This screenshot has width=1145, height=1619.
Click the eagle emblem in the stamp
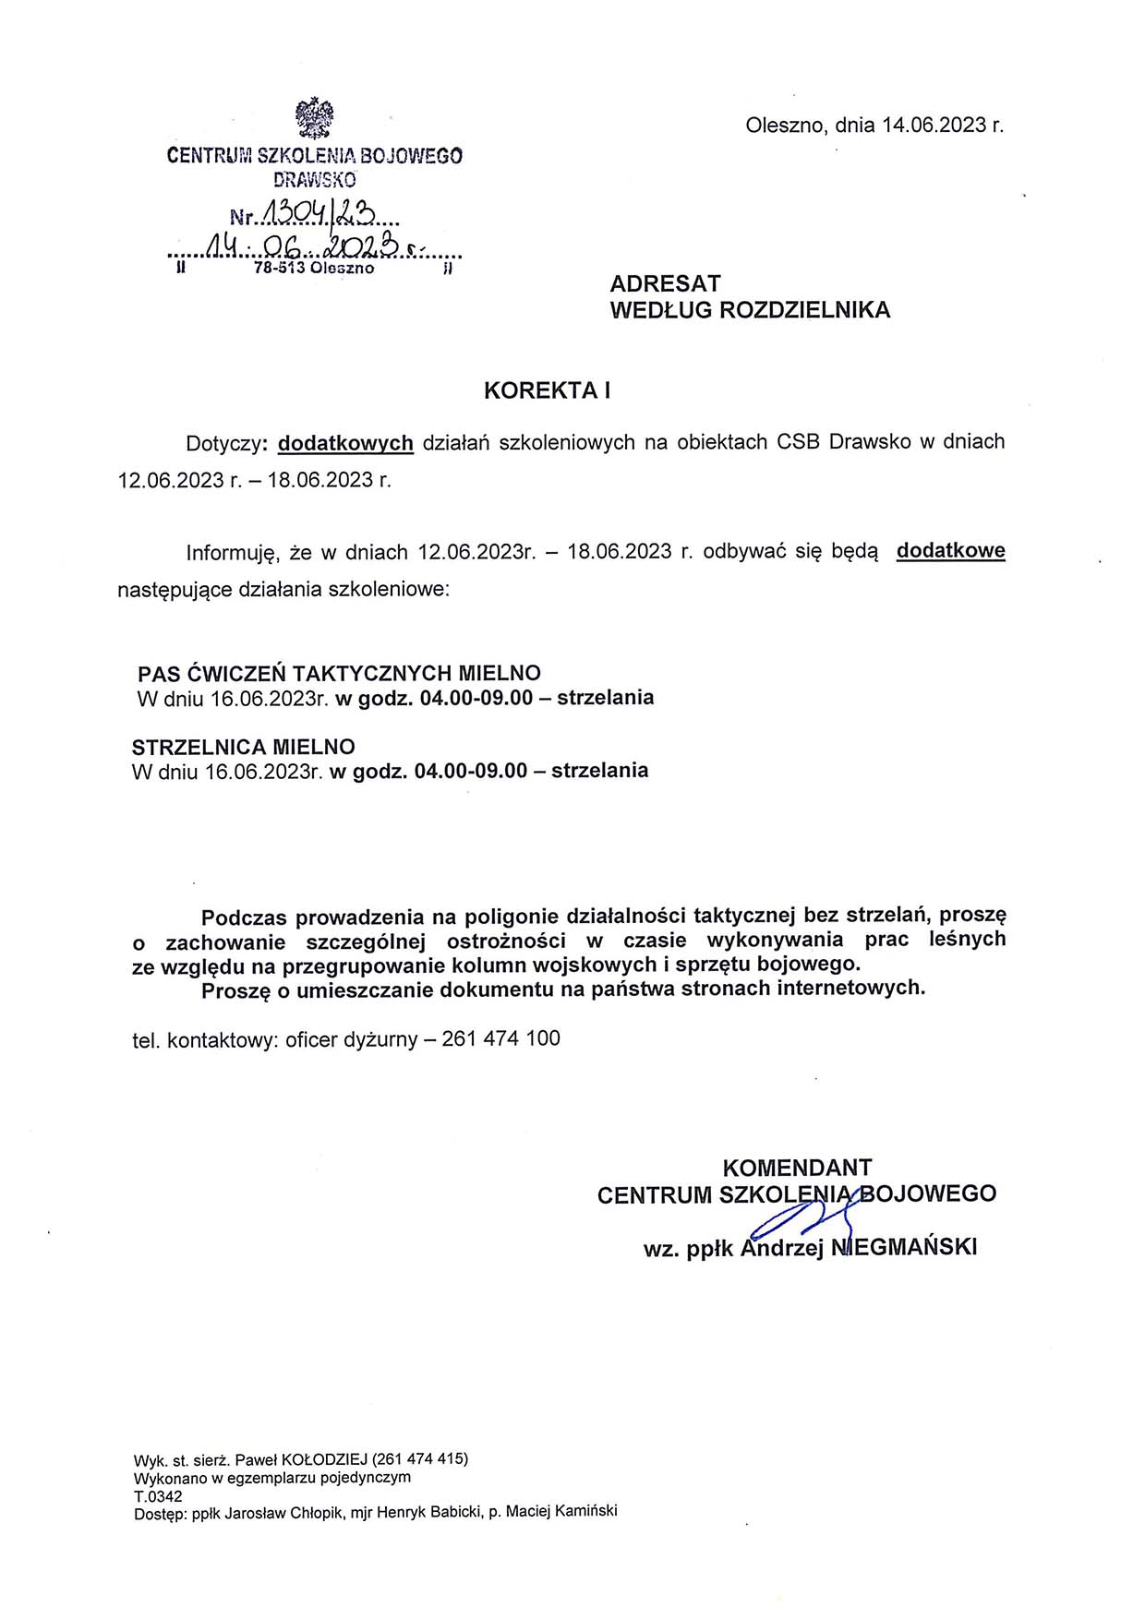coord(314,117)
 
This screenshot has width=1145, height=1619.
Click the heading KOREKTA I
coord(548,390)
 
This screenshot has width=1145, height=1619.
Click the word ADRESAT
coord(665,283)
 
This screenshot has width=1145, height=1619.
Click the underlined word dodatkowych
coord(345,443)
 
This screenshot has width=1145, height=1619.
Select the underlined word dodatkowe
coord(950,551)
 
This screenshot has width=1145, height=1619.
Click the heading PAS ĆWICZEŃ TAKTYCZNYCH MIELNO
coord(339,673)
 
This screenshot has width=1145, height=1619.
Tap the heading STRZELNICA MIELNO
coord(244,747)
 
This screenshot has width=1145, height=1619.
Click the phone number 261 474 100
coord(501,1038)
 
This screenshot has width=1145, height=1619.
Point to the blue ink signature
coord(799,1217)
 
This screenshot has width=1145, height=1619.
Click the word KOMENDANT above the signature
coord(797,1168)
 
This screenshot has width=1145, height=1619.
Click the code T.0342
coord(158,1496)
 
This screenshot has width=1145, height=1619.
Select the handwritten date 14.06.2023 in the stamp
coord(305,246)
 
